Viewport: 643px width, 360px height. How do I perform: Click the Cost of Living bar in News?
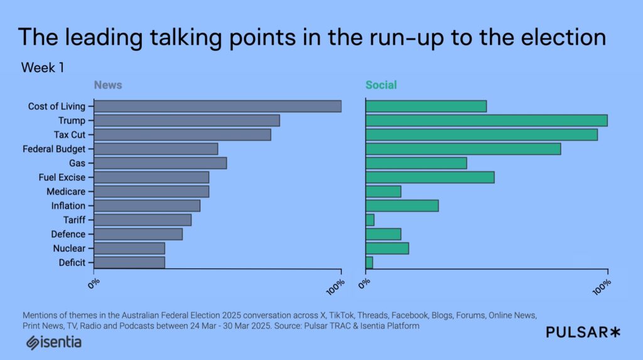[x=217, y=106]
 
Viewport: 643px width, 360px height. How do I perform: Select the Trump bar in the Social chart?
[x=486, y=120]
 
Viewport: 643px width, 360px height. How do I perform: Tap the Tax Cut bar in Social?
[x=481, y=134]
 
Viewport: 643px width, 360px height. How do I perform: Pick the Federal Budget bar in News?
[x=156, y=149]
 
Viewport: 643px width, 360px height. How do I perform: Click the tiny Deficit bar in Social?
[x=369, y=263]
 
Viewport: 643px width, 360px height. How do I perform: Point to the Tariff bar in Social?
[x=370, y=220]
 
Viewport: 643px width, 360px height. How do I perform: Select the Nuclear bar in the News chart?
[x=129, y=248]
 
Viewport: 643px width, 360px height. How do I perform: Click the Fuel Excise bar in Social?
[x=430, y=177]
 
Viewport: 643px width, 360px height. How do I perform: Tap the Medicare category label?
[x=66, y=192]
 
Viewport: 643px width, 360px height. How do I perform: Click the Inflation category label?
[x=68, y=205]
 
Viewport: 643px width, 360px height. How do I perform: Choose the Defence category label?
[x=68, y=234]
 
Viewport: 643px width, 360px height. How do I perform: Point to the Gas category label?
[x=77, y=163]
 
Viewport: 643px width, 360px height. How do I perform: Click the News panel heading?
[x=108, y=85]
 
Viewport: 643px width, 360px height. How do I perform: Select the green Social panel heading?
[x=381, y=85]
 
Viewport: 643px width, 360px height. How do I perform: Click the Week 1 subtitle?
[x=43, y=68]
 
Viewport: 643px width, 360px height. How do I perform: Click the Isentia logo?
[x=54, y=343]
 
